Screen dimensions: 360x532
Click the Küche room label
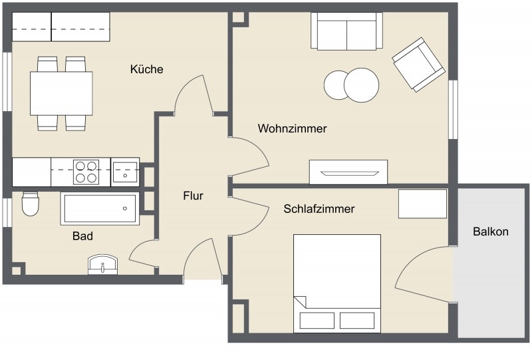[147, 69]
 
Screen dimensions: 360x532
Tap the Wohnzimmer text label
[293, 128]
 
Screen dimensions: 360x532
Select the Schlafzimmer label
[319, 209]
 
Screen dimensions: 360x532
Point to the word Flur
[193, 196]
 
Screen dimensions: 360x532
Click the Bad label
[82, 236]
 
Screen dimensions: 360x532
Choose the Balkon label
[491, 232]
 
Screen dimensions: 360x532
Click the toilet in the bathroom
[30, 205]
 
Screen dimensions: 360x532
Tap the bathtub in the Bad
[100, 208]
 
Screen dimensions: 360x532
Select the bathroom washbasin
[103, 265]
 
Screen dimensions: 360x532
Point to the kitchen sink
[124, 172]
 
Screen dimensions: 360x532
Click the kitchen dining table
[61, 94]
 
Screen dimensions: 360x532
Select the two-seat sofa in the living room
[346, 32]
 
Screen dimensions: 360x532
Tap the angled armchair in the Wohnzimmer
[418, 65]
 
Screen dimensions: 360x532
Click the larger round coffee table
[361, 85]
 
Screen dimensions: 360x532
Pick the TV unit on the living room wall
[348, 172]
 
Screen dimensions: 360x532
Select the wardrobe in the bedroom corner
[423, 204]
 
